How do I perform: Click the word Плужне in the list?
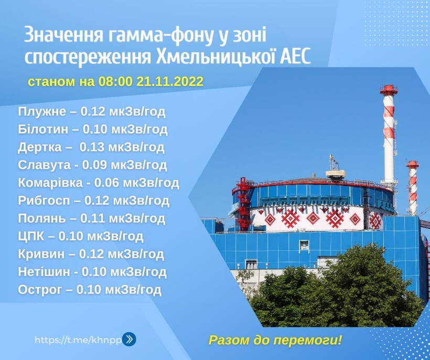42,112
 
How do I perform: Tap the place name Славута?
45,165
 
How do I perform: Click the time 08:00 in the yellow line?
115,81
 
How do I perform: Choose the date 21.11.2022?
170,81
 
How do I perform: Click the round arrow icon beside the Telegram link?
129,340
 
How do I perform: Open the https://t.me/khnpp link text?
78,340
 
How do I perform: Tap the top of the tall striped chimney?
389,87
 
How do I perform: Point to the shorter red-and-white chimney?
413,188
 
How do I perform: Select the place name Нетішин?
44,272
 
